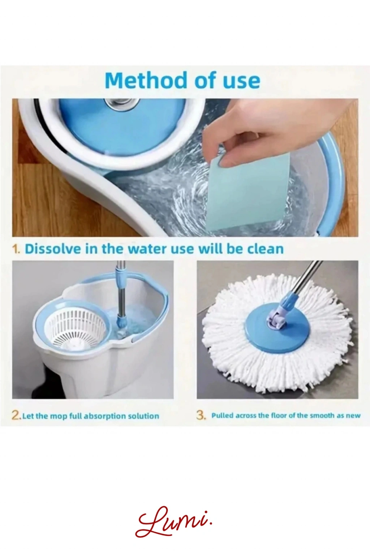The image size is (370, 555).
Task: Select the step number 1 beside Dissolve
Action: (16, 249)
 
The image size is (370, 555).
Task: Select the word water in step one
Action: (145, 249)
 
